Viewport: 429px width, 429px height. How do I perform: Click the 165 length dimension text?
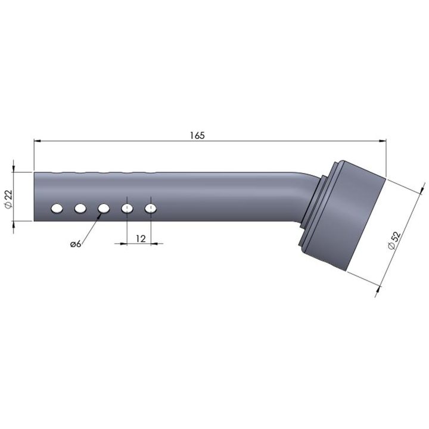pos(197,135)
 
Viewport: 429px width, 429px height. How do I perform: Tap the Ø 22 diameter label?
pos(9,199)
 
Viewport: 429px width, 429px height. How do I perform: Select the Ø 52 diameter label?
pos(394,240)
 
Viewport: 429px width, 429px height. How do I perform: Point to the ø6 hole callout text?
pos(76,244)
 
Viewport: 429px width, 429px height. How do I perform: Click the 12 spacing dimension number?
pos(141,239)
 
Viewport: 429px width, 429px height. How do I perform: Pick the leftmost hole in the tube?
pos(57,209)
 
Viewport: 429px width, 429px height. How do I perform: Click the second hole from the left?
pos(80,209)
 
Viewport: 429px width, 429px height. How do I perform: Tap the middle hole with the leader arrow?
pos(104,209)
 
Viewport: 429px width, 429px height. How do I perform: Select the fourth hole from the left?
pos(128,209)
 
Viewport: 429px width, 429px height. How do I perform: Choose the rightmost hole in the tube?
pos(151,209)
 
